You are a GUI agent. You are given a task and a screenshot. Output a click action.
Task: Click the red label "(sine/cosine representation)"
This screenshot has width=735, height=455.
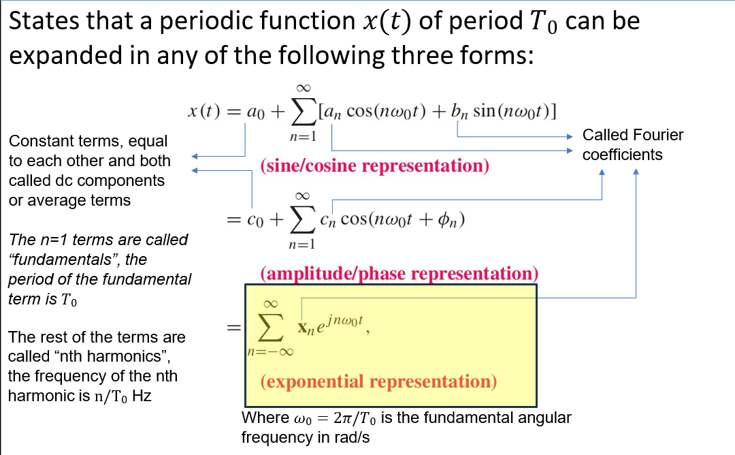coord(374,166)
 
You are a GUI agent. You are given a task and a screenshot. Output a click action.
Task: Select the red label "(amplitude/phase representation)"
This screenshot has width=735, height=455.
coord(399,274)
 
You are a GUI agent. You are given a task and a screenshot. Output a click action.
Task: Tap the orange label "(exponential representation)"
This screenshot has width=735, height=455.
coord(378,381)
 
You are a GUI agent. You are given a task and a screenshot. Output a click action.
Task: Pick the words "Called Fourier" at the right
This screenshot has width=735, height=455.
coord(633,135)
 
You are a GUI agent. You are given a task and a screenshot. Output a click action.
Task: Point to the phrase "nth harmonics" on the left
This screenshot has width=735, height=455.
coord(103,356)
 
